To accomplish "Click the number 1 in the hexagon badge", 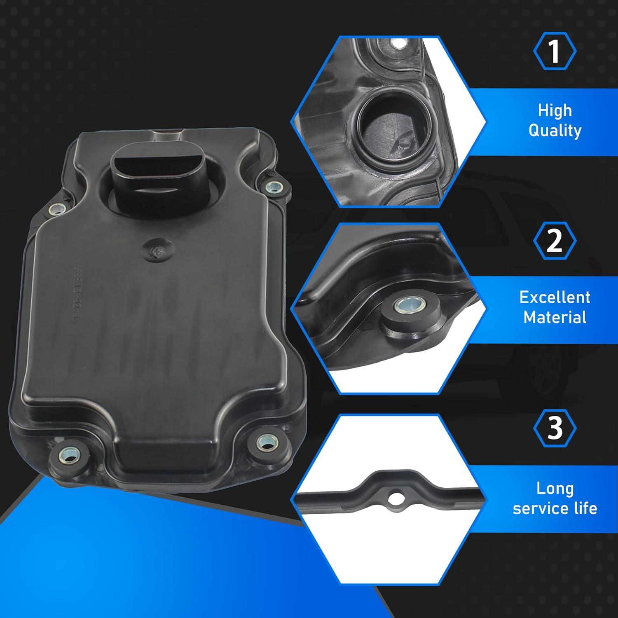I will (x=555, y=51).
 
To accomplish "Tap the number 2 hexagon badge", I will (x=555, y=241).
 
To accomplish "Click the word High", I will (x=555, y=110).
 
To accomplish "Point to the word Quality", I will (x=555, y=131).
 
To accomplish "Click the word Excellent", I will (x=555, y=297).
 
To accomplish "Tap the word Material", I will (x=555, y=317).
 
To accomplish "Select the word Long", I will (x=555, y=488).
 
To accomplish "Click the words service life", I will (x=555, y=508).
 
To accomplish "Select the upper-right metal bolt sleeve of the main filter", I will (x=272, y=187).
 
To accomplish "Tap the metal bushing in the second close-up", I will (x=402, y=305).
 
